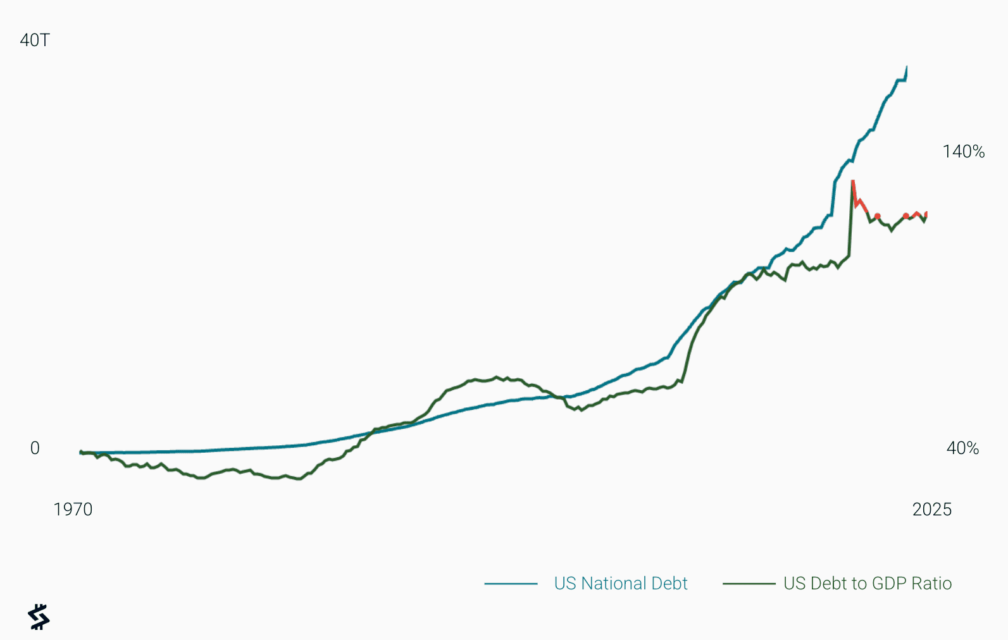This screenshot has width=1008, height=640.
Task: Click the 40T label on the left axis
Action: tap(35, 40)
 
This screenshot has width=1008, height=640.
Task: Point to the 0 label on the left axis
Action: tap(35, 448)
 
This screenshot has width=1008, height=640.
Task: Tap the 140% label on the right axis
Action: tap(963, 152)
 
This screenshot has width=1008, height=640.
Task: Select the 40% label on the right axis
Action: tap(962, 448)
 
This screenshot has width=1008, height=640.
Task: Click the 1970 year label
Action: tap(73, 510)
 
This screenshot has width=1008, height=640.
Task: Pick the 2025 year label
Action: tap(931, 510)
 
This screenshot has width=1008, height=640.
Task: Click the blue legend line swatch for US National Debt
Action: tap(511, 584)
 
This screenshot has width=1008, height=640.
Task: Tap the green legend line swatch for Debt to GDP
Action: tap(749, 584)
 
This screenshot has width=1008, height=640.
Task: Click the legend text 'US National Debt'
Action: tap(620, 584)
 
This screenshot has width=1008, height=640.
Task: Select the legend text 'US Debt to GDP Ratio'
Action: tap(867, 584)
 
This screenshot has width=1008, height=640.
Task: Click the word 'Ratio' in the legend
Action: tap(931, 584)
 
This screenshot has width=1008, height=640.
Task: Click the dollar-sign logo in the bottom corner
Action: tap(39, 617)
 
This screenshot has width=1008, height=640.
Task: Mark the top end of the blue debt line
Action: tap(907, 67)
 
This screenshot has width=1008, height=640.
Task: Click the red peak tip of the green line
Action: tap(853, 182)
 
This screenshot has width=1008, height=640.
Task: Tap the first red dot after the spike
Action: tap(877, 216)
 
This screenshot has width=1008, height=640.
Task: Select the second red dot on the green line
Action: tap(905, 216)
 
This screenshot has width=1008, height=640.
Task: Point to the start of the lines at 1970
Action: tap(81, 452)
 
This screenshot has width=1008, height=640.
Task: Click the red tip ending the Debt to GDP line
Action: tap(926, 213)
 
